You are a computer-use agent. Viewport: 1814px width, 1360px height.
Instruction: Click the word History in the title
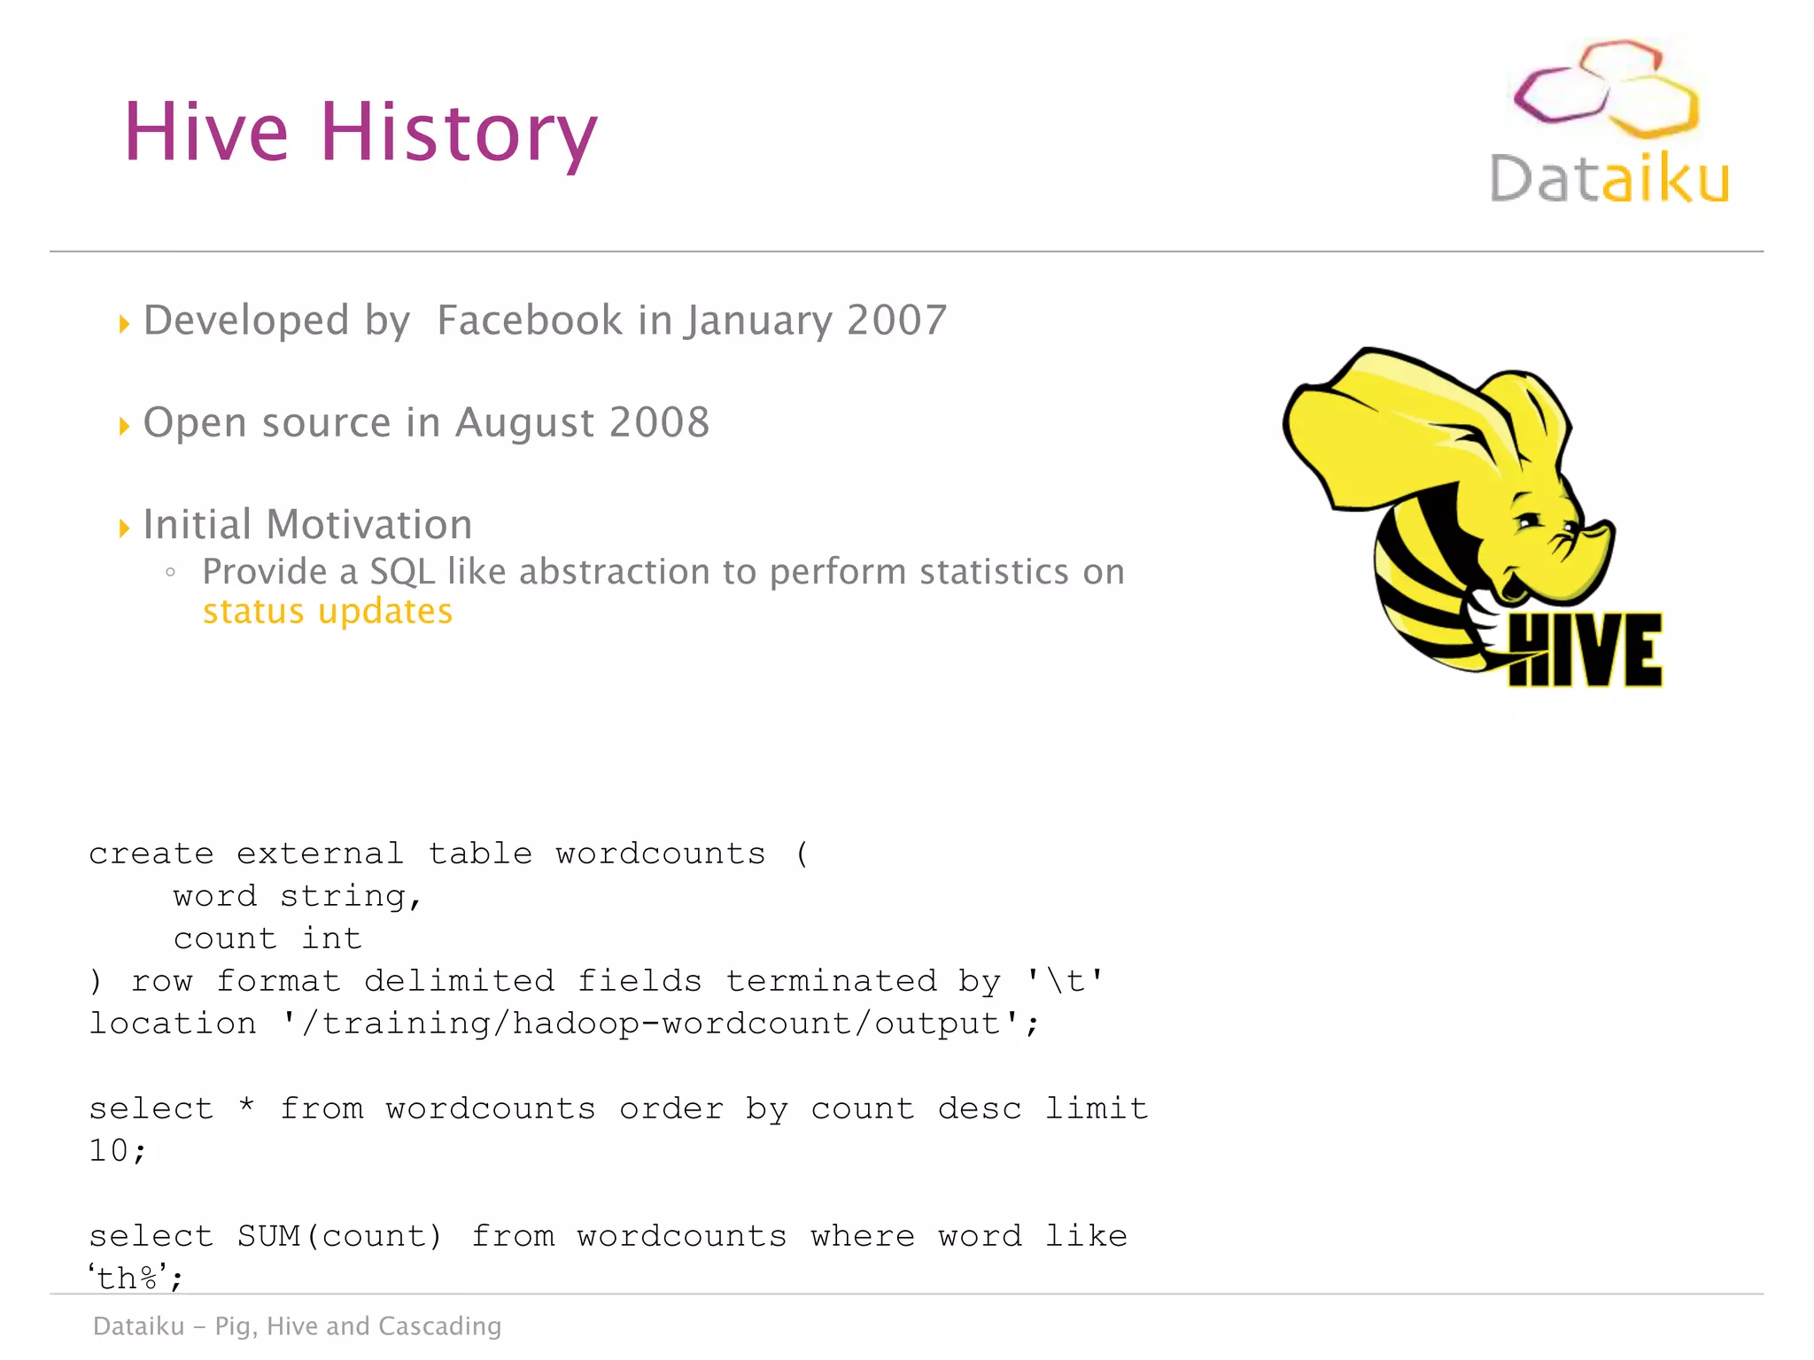point(458,133)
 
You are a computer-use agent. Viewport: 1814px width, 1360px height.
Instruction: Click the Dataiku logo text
point(1609,179)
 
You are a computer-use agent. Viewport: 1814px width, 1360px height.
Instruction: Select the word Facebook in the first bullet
point(530,320)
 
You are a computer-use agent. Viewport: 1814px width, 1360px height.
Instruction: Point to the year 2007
point(896,320)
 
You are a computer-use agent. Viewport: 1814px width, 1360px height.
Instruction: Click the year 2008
point(659,422)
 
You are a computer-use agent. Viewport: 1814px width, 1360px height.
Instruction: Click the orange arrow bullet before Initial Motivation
point(124,529)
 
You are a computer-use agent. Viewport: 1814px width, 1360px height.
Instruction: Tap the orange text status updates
point(328,612)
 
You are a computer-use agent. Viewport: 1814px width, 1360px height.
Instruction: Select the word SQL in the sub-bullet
point(402,572)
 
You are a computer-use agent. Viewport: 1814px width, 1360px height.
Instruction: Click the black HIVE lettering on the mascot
point(1585,651)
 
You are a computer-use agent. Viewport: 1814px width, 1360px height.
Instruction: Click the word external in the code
point(320,854)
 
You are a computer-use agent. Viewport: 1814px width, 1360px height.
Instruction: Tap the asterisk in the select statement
point(247,1106)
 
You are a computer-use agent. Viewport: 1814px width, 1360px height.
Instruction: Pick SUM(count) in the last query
point(339,1236)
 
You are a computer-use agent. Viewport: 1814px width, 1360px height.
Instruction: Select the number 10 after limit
point(109,1151)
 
